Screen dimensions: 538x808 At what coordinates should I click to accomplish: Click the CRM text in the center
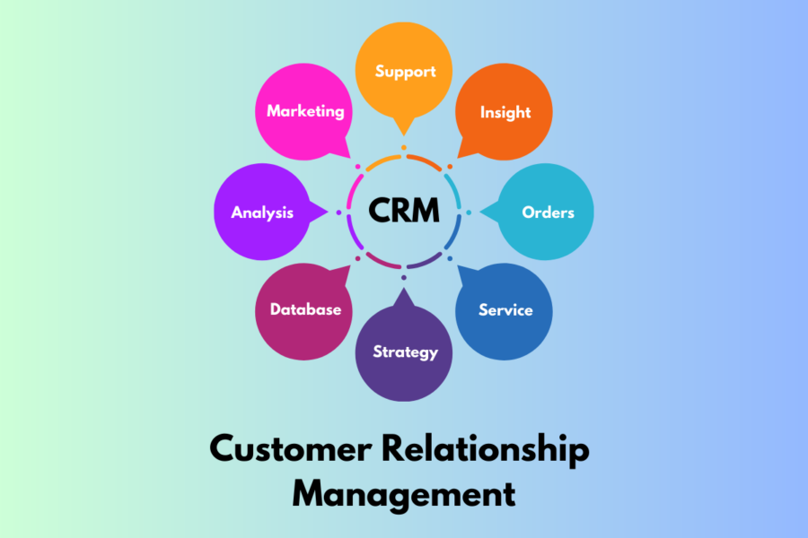click(x=404, y=212)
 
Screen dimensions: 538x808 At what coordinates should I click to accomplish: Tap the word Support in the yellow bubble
click(x=404, y=71)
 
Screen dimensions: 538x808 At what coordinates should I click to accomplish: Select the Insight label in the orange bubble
click(x=505, y=112)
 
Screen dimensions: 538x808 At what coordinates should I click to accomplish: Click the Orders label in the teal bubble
click(x=548, y=213)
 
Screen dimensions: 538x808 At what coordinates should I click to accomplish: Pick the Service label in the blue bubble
click(x=505, y=310)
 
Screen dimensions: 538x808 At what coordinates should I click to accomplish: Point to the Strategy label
click(x=405, y=351)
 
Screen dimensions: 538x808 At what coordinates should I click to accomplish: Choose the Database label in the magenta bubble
click(x=305, y=309)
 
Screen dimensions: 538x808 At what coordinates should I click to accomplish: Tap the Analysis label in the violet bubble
click(x=262, y=213)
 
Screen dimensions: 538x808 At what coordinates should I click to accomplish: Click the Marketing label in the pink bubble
click(x=305, y=111)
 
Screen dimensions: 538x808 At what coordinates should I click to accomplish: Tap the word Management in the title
click(x=404, y=493)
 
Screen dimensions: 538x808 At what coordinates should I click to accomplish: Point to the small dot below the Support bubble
click(x=404, y=147)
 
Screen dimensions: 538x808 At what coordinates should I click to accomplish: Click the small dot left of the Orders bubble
click(x=469, y=213)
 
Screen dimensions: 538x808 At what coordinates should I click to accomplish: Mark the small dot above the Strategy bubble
click(x=404, y=278)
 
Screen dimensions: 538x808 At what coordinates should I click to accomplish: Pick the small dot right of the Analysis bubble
click(x=338, y=213)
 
